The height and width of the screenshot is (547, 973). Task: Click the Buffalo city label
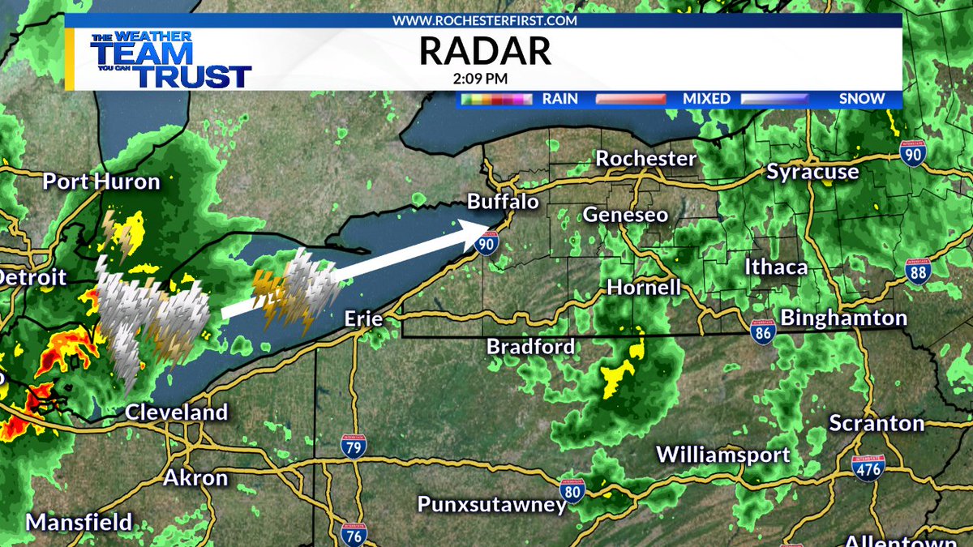point(504,202)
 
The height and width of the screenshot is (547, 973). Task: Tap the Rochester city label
point(646,159)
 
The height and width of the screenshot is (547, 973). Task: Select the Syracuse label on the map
point(812,172)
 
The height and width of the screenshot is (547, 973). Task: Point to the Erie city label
point(363,318)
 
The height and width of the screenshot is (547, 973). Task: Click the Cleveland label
point(176,412)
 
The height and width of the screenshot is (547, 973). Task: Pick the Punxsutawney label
point(491,504)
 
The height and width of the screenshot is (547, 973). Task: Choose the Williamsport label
point(723,454)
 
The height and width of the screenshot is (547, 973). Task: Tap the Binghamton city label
point(843,317)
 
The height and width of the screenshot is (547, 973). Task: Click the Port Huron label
point(101,182)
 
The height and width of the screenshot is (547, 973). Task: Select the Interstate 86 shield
point(763,331)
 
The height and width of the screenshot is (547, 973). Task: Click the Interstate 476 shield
point(868,468)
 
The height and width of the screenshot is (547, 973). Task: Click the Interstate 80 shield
point(572,490)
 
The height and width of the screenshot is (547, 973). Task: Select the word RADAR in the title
point(485,51)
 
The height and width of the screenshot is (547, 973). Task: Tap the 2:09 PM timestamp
point(485,79)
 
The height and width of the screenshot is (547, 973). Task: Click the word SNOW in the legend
point(861,99)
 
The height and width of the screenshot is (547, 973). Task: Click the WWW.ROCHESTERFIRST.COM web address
point(485,19)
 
